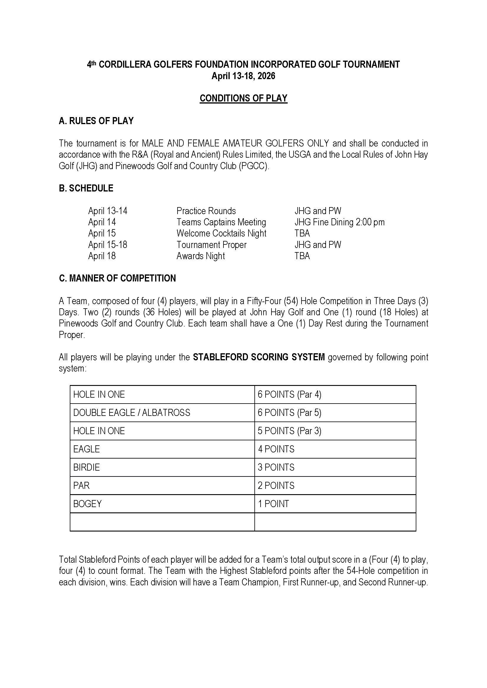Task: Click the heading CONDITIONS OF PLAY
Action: coord(243,98)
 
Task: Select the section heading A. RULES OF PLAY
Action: coord(96,121)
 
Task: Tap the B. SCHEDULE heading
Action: coord(86,188)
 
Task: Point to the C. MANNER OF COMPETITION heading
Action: coord(117,278)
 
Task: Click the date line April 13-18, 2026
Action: coord(243,76)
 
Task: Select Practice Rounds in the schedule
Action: coord(206,211)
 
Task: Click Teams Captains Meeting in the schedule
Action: coord(221,222)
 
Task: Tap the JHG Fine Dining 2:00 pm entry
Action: coord(339,222)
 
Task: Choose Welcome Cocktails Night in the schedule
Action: coord(221,233)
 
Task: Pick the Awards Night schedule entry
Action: coord(201,256)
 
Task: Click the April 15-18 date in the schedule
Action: coord(108,245)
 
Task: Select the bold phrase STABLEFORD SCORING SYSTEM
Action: coord(259,357)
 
